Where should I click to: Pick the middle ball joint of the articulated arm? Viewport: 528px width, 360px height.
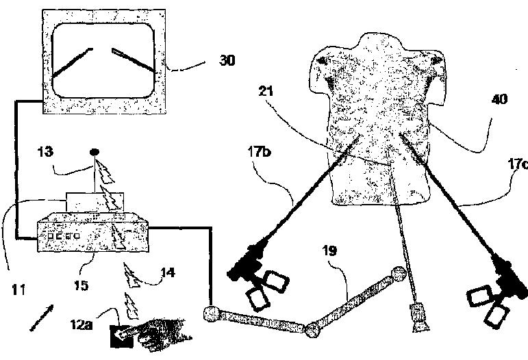coord(314,329)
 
